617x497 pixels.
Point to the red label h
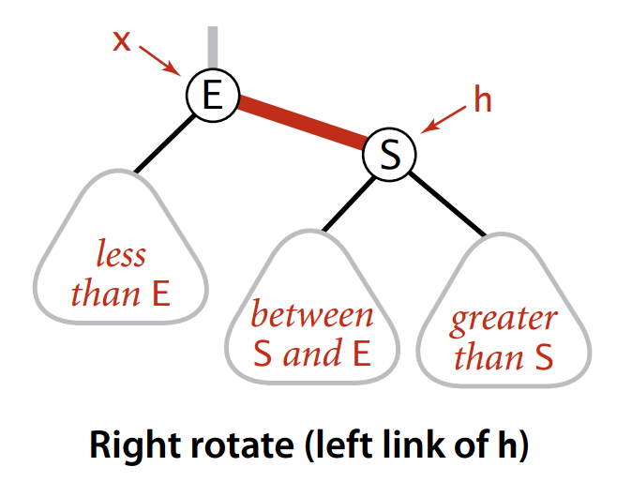[483, 100]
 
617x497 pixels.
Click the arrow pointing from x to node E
[159, 60]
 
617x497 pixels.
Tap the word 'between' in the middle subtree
[312, 314]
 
